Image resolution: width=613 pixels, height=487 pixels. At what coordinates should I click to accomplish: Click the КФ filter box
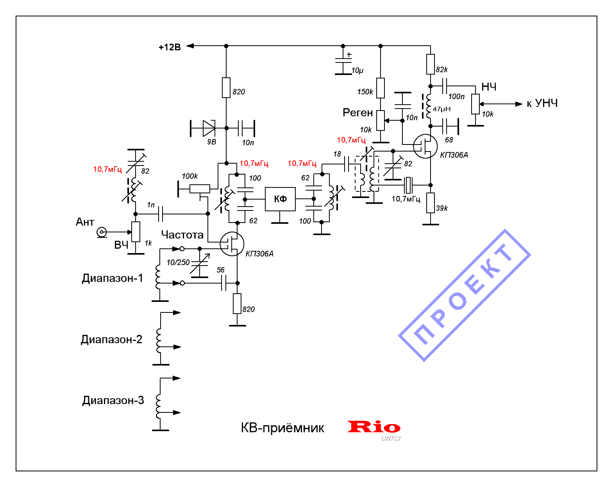(x=280, y=199)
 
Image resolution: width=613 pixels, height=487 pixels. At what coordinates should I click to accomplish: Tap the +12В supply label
(x=170, y=47)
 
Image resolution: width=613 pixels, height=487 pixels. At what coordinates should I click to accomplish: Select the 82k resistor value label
(x=441, y=70)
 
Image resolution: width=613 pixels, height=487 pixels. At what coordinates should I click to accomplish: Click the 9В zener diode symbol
(x=209, y=128)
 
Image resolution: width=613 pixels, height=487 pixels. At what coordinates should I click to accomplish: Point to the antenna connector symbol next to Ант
(x=102, y=232)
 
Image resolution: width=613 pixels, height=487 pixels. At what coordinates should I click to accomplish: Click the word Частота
(x=182, y=235)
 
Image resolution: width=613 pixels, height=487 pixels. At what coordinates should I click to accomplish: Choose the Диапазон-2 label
(x=111, y=339)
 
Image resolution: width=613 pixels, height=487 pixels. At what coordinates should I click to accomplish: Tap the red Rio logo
(x=374, y=426)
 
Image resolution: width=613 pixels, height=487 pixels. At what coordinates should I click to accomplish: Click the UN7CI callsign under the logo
(x=391, y=439)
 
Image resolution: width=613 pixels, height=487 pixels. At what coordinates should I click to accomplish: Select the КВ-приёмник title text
(x=282, y=428)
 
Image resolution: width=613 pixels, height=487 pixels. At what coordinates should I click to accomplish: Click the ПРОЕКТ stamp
(x=464, y=295)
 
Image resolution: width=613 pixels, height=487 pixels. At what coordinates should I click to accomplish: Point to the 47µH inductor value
(x=441, y=109)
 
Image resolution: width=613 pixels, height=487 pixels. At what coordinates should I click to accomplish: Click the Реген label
(x=357, y=112)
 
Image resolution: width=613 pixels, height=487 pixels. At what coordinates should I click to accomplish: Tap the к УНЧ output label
(x=542, y=103)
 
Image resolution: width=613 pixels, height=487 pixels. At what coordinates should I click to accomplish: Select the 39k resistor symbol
(x=430, y=202)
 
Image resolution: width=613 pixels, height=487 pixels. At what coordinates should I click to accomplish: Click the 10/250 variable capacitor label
(x=178, y=262)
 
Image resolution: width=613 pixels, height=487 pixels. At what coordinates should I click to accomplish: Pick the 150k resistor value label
(x=365, y=92)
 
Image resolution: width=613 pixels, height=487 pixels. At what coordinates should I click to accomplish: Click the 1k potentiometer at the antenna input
(x=136, y=232)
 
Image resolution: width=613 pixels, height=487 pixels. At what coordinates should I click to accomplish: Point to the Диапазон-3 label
(x=113, y=400)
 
